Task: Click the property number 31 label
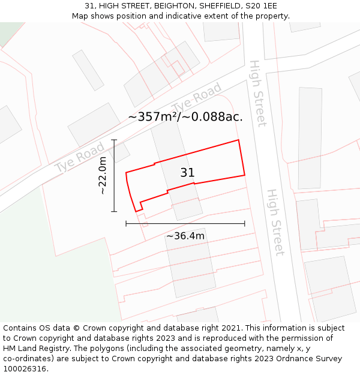(x=187, y=173)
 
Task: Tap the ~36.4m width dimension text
(x=185, y=236)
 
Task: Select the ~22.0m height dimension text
(x=103, y=175)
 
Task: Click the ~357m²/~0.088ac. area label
(x=185, y=117)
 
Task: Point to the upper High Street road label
(x=257, y=93)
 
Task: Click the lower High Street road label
(x=275, y=223)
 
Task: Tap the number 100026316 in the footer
(x=25, y=369)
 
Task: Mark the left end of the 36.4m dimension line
(x=126, y=224)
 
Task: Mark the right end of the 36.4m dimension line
(x=245, y=224)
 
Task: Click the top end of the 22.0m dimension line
(x=113, y=140)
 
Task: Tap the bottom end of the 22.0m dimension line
(x=113, y=212)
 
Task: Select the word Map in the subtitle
(x=80, y=16)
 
